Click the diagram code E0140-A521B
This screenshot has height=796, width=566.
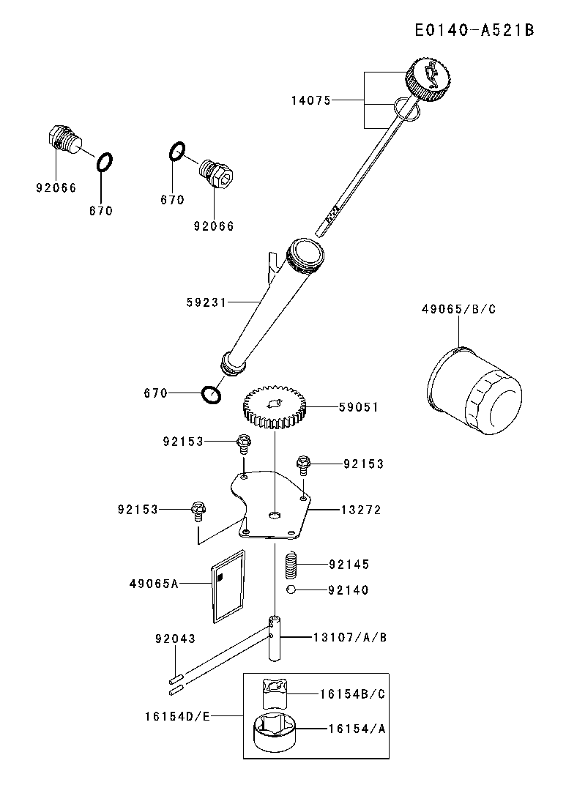473,30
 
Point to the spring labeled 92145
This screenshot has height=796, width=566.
291,565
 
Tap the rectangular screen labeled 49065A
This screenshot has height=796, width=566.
228,586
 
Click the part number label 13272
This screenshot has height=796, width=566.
360,509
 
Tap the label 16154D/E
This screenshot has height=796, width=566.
179,715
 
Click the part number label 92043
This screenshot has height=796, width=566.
175,639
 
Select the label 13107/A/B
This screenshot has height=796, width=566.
350,638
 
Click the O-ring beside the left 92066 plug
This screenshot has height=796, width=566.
105,161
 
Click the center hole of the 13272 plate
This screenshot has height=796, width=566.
274,516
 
